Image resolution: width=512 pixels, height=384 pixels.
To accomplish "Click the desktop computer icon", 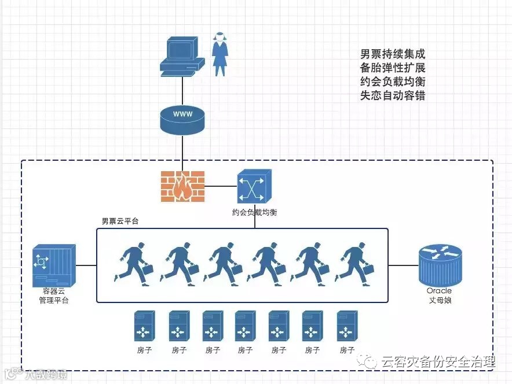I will point(182,57).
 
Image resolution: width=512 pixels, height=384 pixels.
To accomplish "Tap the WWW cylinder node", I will point(182,117).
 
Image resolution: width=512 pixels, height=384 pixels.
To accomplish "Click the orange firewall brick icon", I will point(182,186).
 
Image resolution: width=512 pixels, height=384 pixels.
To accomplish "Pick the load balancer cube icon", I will point(254,186).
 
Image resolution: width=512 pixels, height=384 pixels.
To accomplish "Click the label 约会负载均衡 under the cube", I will point(254,213).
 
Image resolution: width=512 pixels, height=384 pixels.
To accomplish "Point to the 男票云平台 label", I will point(120,221).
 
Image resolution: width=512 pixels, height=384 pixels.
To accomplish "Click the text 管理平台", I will point(53,300).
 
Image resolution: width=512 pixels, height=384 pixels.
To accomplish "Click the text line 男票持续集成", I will point(393,54).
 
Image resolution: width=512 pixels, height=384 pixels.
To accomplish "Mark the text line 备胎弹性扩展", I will point(393,68).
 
